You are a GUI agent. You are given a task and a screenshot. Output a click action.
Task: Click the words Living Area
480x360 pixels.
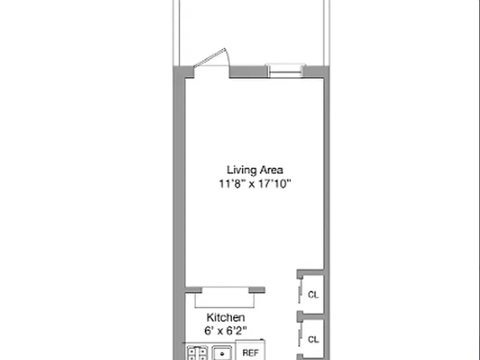click(255, 170)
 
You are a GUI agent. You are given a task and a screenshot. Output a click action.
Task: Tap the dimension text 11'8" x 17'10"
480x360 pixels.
click(255, 184)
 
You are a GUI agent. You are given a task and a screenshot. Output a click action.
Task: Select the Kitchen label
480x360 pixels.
click(226, 317)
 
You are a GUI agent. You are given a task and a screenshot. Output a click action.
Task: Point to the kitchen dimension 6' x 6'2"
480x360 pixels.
click(226, 331)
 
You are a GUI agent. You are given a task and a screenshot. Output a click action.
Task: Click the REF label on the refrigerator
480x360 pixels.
click(251, 353)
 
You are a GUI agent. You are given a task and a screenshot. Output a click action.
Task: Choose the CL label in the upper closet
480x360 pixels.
click(313, 295)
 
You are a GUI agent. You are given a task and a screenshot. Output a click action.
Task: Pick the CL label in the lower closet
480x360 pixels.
click(313, 339)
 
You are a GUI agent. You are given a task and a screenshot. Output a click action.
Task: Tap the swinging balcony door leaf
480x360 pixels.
click(210, 58)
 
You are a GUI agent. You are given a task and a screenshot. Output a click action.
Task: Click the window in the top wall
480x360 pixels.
click(285, 71)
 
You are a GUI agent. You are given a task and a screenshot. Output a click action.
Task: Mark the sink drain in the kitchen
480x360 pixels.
click(222, 354)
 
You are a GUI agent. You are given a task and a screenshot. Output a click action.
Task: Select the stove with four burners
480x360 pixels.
click(197, 353)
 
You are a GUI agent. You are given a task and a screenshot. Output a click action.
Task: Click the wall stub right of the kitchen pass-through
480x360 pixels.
click(257, 290)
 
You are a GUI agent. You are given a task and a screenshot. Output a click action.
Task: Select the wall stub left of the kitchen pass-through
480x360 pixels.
click(194, 290)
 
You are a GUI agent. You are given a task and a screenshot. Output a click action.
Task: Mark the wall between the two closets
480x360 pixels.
click(310, 316)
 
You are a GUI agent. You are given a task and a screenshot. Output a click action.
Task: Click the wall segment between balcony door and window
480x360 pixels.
click(248, 72)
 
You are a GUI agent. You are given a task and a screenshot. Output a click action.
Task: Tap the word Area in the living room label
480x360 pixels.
click(271, 170)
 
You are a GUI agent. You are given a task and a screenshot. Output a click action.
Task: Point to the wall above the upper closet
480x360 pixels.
click(310, 272)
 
